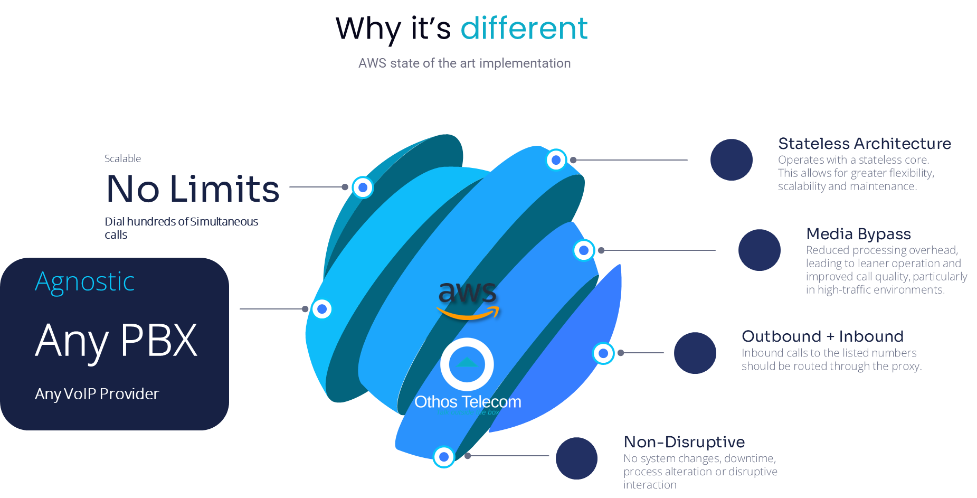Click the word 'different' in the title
pos(524,29)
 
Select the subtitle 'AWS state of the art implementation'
pos(464,63)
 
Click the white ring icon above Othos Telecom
pos(467,364)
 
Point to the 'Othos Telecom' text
pos(468,402)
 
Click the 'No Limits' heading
pos(193,189)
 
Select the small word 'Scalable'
pos(122,158)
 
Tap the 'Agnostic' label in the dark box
pos(85,281)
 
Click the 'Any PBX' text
pos(116,341)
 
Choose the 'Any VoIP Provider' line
pos(97,394)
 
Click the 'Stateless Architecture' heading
pos(864,144)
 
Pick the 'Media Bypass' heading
pos(858,234)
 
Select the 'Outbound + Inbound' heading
pos(822,336)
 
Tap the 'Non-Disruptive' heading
pos(684,442)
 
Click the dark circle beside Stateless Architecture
pos(731,159)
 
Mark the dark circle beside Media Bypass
pos(759,250)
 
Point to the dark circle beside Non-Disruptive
pos(576,458)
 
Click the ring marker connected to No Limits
pos(363,187)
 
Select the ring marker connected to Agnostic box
pos(321,309)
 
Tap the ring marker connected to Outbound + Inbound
pos(603,353)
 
